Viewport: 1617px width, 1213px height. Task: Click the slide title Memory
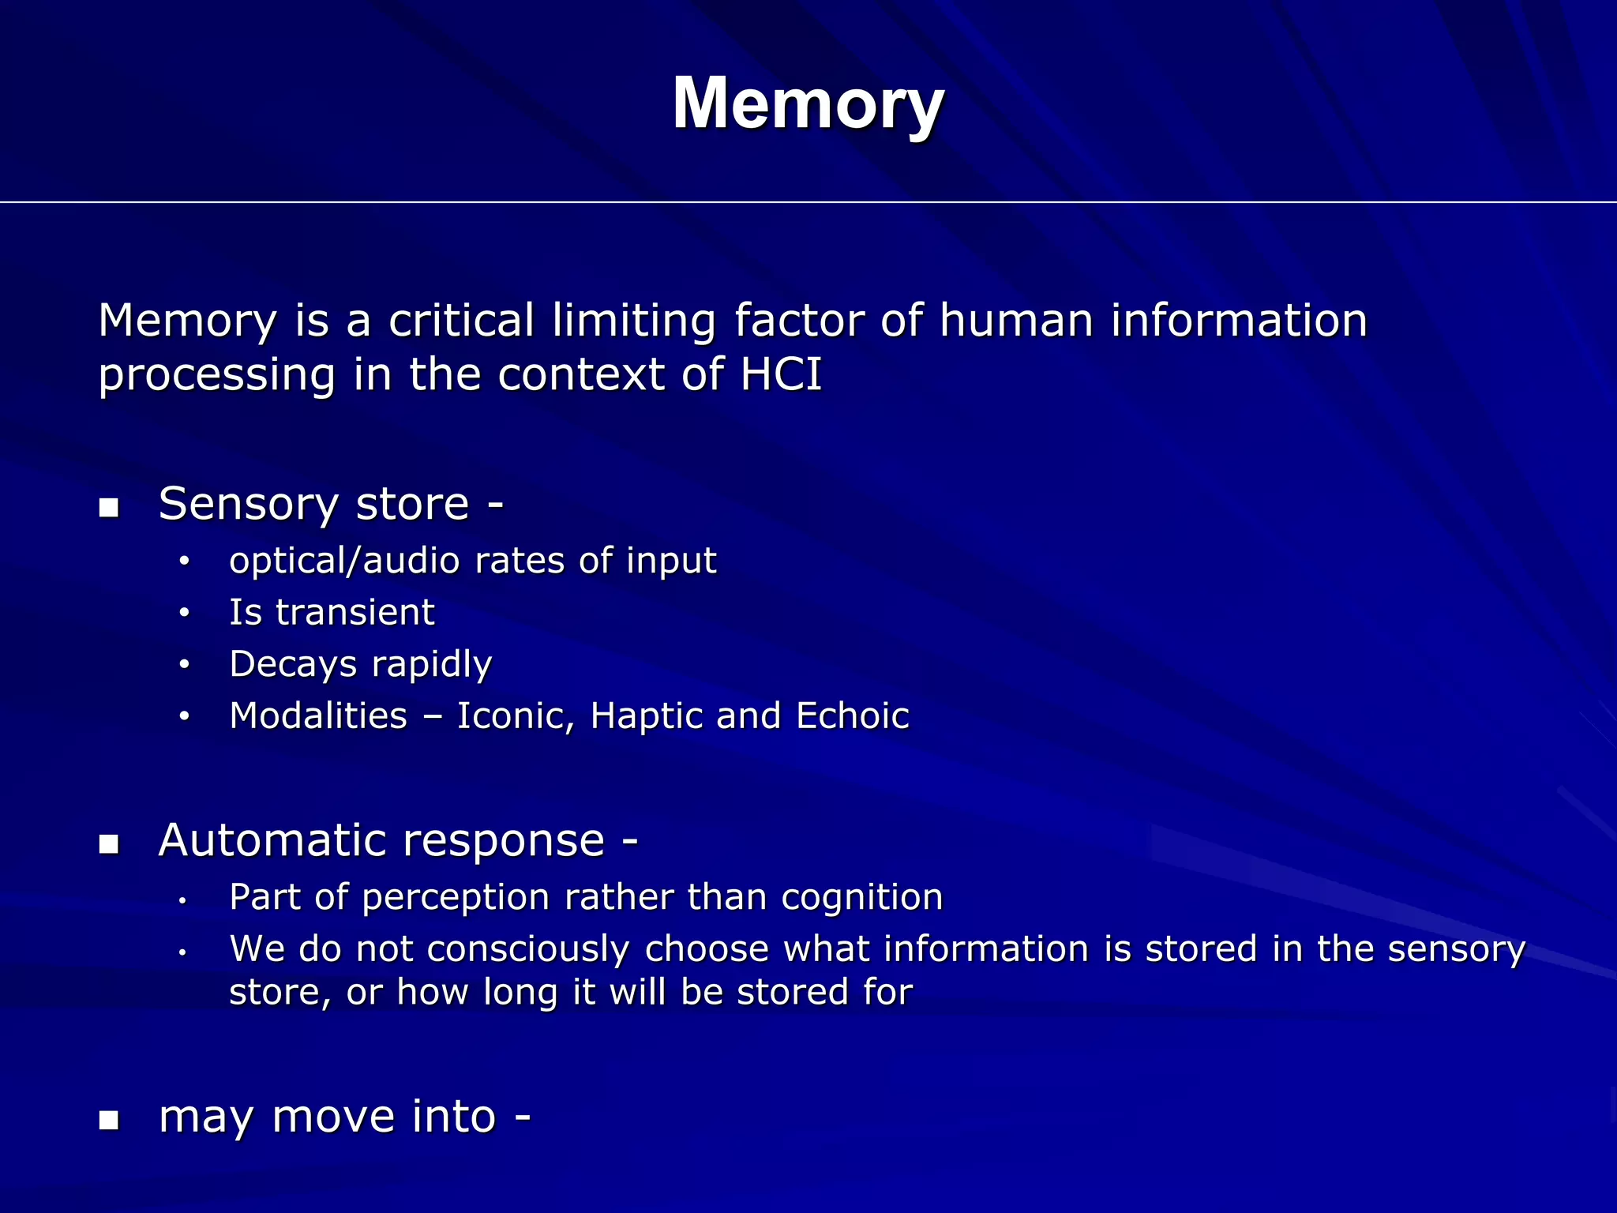pyautogui.click(x=808, y=103)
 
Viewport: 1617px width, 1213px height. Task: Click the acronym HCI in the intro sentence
pyautogui.click(x=781, y=374)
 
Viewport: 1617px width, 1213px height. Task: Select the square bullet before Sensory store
pyautogui.click(x=109, y=508)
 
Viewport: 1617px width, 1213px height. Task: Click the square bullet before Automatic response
pyautogui.click(x=109, y=844)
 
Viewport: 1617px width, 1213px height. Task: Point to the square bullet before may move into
pyautogui.click(x=109, y=1120)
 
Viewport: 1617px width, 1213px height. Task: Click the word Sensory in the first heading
pyautogui.click(x=249, y=504)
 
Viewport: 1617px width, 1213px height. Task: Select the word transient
pyautogui.click(x=355, y=612)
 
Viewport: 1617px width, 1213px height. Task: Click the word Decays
pyautogui.click(x=293, y=664)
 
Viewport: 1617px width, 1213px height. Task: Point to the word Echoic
pyautogui.click(x=853, y=716)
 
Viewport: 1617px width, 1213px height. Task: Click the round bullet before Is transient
pyautogui.click(x=184, y=613)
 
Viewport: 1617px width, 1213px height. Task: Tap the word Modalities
pyautogui.click(x=318, y=716)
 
